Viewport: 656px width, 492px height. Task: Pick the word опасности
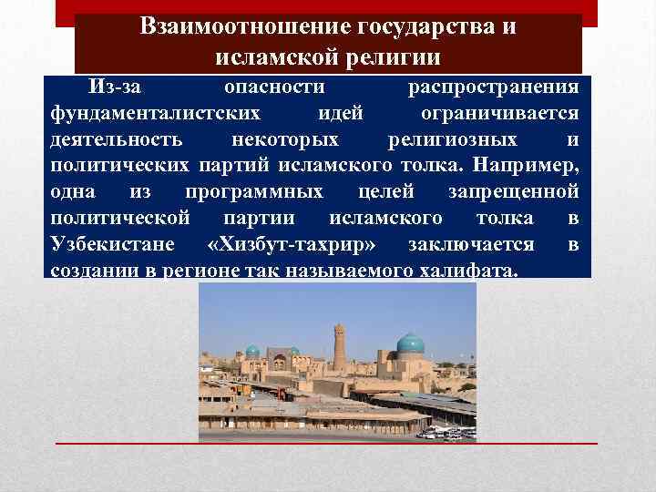coord(274,87)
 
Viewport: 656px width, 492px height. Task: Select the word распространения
coord(493,87)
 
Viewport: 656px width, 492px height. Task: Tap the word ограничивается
coord(499,114)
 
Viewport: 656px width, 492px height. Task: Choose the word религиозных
coord(452,140)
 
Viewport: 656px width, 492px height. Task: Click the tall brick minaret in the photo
coord(339,346)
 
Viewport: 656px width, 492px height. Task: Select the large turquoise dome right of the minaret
coord(410,344)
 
